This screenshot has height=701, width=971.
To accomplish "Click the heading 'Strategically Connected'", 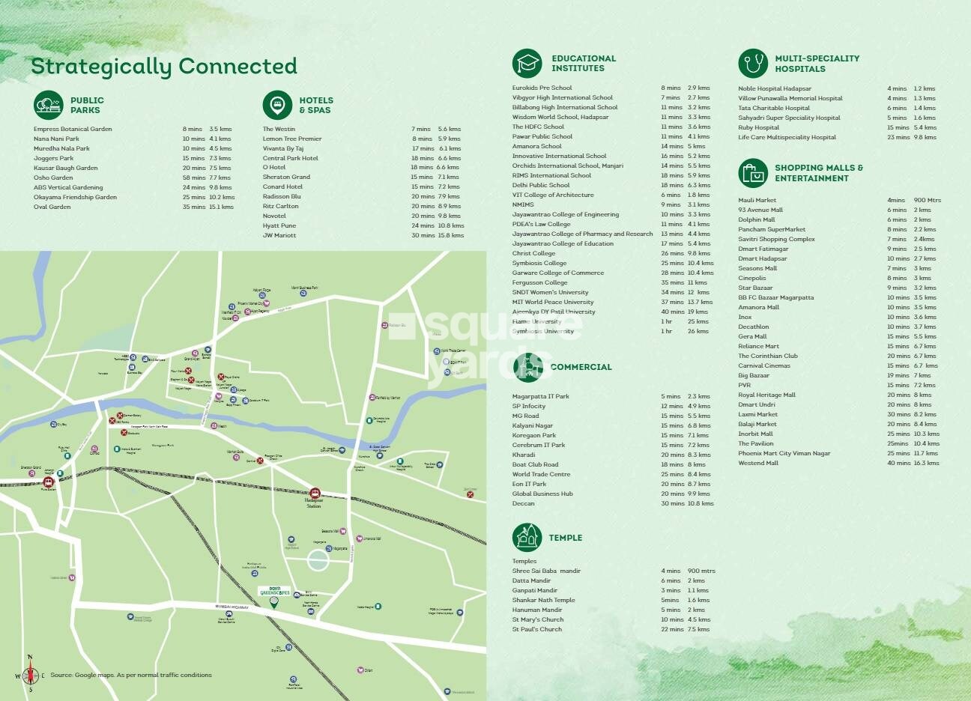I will coord(163,67).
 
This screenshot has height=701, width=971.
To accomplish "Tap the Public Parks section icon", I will coord(49,105).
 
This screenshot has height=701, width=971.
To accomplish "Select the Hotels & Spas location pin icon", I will coord(277,105).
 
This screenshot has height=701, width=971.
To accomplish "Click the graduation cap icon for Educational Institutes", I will coord(527,64).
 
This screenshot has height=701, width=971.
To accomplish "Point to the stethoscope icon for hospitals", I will coord(752,64).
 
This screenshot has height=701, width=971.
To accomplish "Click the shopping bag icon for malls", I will coord(752,173).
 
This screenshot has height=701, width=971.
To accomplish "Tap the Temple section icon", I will coord(527,537).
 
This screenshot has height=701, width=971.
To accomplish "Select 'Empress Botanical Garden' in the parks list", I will coord(73,129).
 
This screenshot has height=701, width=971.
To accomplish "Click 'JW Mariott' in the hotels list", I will coord(279,235).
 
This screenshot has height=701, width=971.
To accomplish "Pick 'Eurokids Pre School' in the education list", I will coord(542,88).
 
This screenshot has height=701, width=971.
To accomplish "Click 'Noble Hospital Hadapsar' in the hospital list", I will coord(775,88).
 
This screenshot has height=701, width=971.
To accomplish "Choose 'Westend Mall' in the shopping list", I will coord(758,463).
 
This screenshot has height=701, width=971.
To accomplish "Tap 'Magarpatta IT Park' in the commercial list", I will coord(540,396).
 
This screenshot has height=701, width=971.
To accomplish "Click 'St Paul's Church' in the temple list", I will coord(536,629).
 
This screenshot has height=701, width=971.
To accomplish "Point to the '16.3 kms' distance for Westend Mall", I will coord(926,463).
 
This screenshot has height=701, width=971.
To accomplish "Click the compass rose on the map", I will coord(31,674).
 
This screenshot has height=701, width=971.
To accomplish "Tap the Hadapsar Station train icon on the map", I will coord(315,494).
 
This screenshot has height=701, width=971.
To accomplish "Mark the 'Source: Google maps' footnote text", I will coord(131,675).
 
